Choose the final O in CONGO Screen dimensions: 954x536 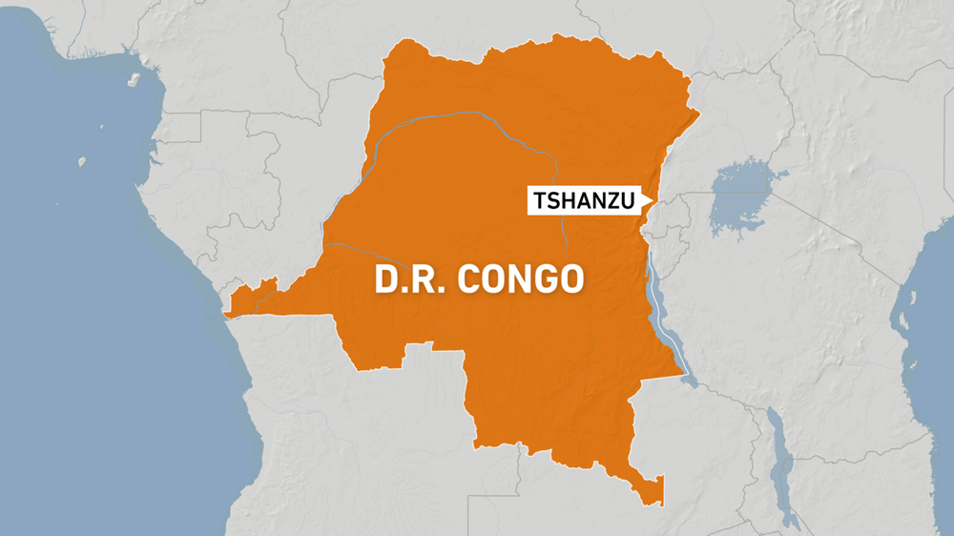569,279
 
